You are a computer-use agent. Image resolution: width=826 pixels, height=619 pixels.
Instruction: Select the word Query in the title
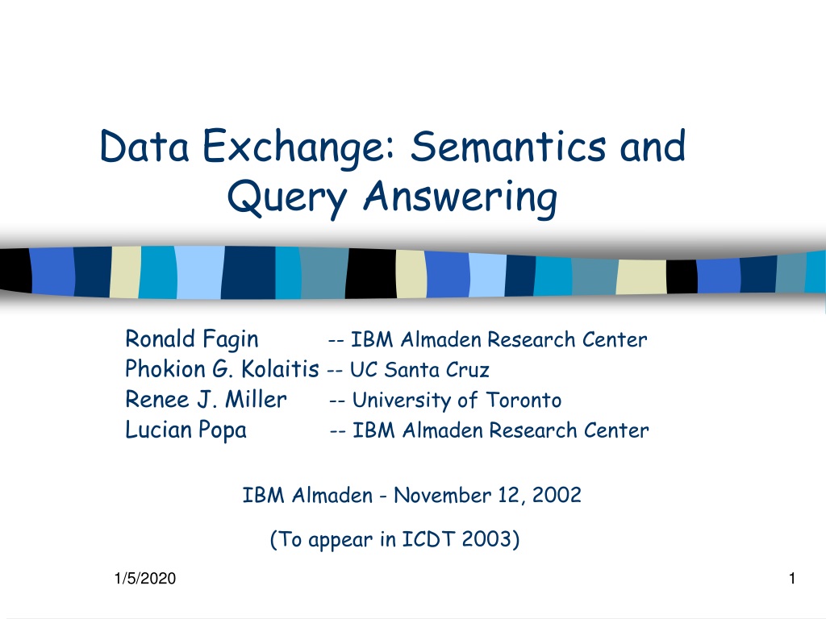(x=287, y=198)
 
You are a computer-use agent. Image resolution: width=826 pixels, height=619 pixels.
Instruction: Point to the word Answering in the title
(x=460, y=198)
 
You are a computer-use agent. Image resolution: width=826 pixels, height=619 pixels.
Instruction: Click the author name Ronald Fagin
(x=192, y=339)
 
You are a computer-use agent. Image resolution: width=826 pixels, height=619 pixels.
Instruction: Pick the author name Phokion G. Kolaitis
(x=222, y=369)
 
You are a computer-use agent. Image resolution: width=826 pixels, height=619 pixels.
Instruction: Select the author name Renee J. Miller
(x=206, y=400)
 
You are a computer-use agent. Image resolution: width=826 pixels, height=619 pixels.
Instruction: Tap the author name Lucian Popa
(x=186, y=430)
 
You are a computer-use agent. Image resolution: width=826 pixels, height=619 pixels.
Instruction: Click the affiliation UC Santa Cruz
(x=419, y=370)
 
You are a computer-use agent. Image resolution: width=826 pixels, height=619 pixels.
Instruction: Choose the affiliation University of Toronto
(x=457, y=401)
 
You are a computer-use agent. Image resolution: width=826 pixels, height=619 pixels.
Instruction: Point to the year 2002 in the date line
(x=557, y=496)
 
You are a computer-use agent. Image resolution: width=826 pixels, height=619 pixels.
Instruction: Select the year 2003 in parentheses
(x=486, y=539)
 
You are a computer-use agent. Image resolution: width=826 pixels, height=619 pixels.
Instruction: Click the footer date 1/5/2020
(x=145, y=579)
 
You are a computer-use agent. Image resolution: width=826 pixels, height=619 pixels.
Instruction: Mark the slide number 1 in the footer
(x=792, y=579)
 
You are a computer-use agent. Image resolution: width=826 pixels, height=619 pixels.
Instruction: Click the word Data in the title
(x=144, y=147)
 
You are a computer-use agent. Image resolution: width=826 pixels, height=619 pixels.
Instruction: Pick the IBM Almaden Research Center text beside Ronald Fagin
(x=499, y=340)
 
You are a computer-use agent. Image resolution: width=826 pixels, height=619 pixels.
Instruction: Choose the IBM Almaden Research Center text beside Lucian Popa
(x=500, y=430)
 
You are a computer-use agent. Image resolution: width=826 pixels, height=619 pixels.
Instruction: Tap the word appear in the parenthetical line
(x=340, y=541)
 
